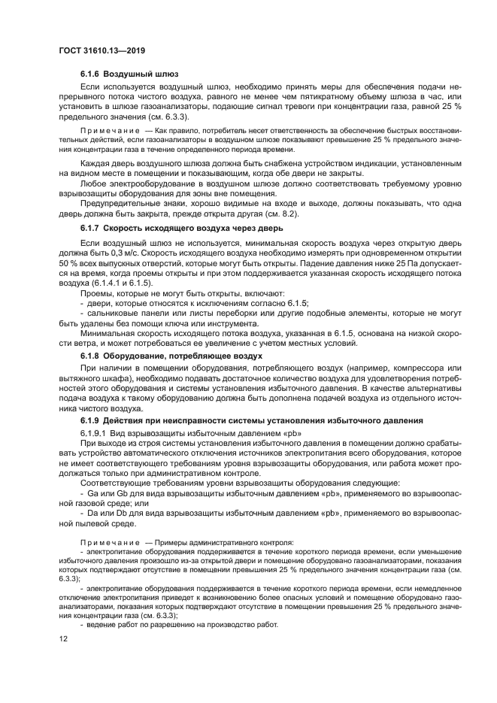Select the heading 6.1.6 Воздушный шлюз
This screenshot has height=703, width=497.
(x=129, y=75)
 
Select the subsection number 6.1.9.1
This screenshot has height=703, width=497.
(x=96, y=434)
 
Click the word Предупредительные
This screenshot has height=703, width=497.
(x=122, y=202)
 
